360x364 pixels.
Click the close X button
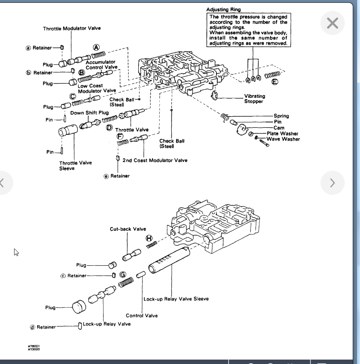pos(332,23)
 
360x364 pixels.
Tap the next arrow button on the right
pos(332,183)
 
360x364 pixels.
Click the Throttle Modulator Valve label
pos(72,28)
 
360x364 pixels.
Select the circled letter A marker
pos(96,47)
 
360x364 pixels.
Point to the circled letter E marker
pos(275,82)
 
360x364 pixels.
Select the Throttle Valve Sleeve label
pos(75,165)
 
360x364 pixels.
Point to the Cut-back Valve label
pos(128,229)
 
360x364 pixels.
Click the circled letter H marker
pos(149,238)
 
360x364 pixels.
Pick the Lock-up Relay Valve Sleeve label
pos(176,299)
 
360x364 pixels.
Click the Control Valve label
pos(142,316)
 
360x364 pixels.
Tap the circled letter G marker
pos(123,275)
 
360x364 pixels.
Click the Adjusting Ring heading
pos(223,9)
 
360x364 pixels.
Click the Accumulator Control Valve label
pos(101,64)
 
